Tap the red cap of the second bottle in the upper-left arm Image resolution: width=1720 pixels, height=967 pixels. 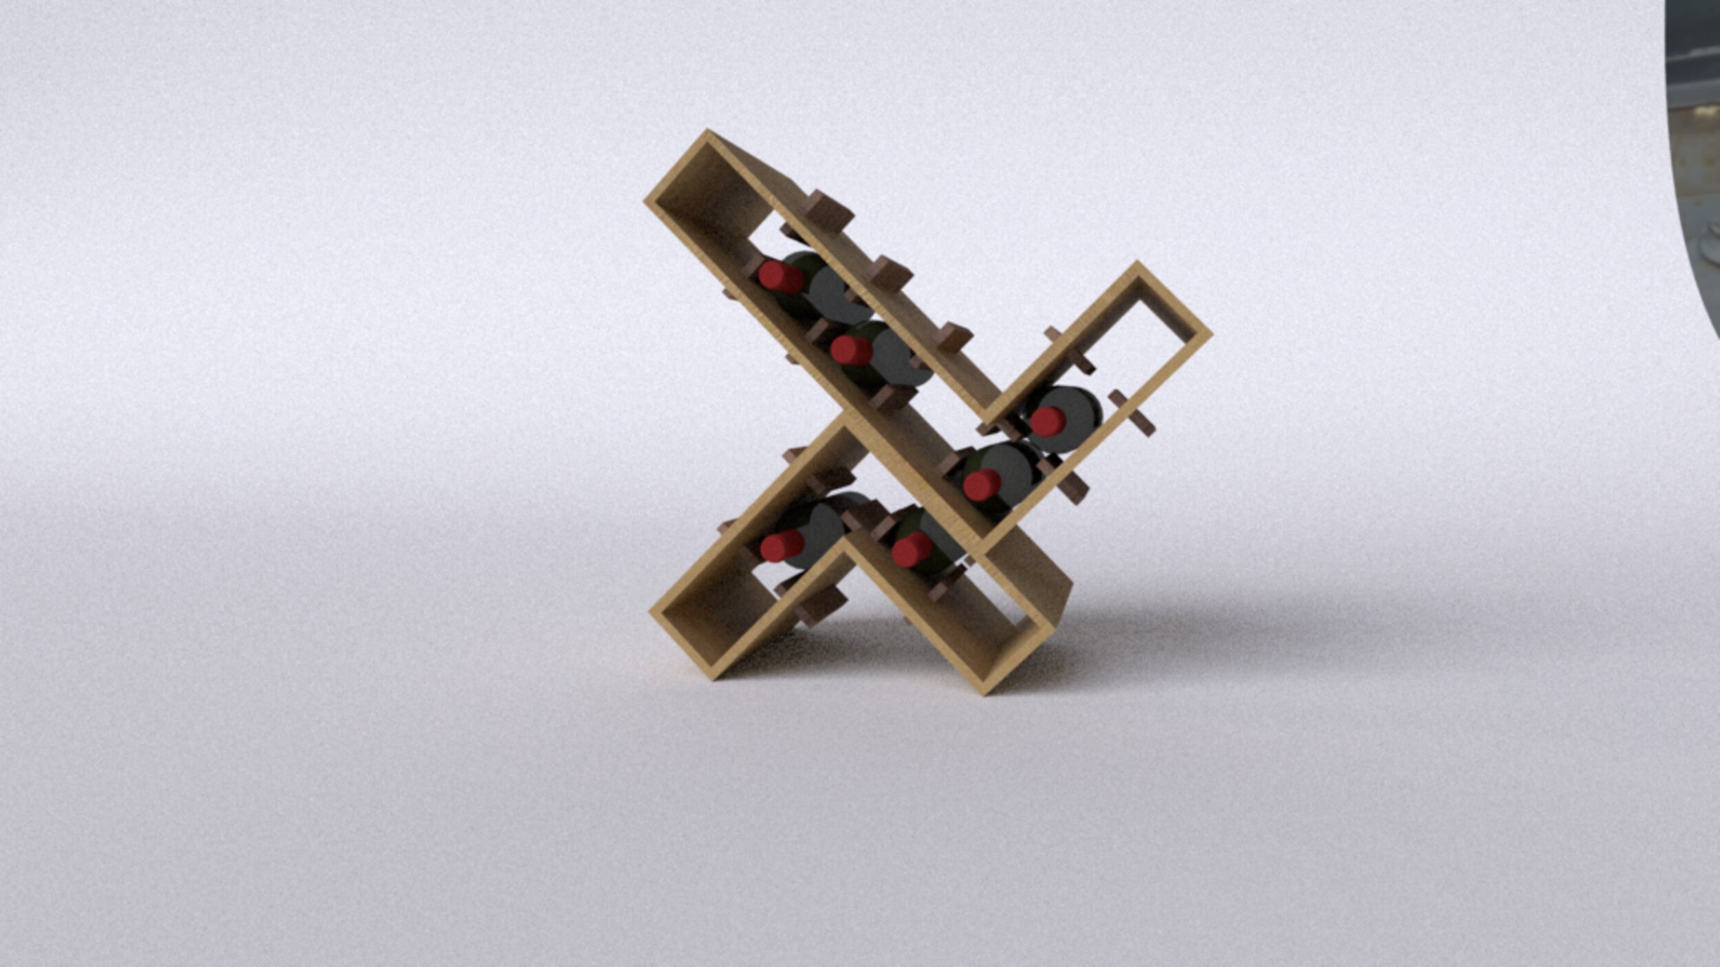pos(852,349)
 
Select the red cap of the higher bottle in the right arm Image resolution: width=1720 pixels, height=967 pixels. pos(1048,421)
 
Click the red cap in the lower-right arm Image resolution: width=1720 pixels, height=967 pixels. pos(912,550)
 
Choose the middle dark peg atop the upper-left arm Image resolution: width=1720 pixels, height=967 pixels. pos(890,274)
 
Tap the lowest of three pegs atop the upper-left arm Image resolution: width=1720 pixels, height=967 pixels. pos(954,338)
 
